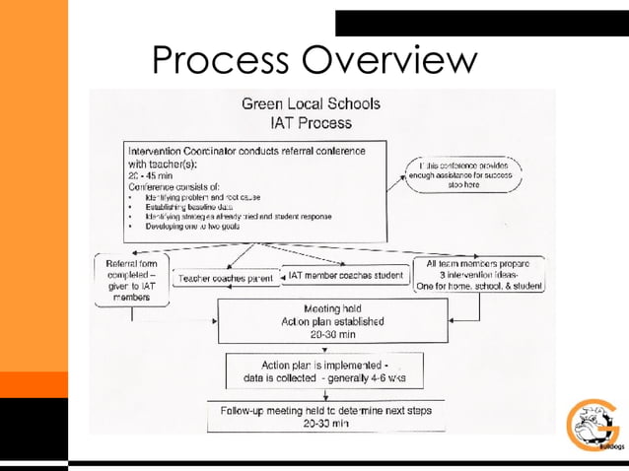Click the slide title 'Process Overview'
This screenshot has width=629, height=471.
pos(314,61)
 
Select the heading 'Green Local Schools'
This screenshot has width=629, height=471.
pos(312,103)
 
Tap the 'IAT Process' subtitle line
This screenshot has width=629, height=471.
pos(311,123)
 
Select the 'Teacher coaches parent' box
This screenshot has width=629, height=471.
pos(224,279)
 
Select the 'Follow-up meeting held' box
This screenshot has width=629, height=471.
pos(325,417)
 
